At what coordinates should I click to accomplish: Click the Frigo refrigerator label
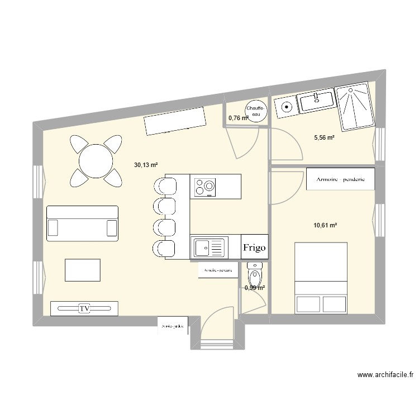pyautogui.click(x=254, y=247)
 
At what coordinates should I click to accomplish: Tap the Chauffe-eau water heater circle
pyautogui.click(x=256, y=111)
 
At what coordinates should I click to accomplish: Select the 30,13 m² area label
pyautogui.click(x=145, y=165)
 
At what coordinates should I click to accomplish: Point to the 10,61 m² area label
pyautogui.click(x=325, y=225)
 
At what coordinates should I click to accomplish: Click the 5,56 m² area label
pyautogui.click(x=324, y=137)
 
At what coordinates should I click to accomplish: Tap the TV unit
pyautogui.click(x=85, y=308)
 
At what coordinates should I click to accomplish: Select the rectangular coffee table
pyautogui.click(x=83, y=270)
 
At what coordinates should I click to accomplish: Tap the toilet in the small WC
pyautogui.click(x=255, y=276)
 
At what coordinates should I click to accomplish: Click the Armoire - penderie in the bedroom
pyautogui.click(x=340, y=179)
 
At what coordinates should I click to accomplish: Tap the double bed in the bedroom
pyautogui.click(x=321, y=277)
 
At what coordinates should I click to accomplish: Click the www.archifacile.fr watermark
pyautogui.click(x=380, y=375)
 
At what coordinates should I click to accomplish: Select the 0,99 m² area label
pyautogui.click(x=254, y=288)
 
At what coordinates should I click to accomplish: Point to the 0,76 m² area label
pyautogui.click(x=238, y=118)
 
